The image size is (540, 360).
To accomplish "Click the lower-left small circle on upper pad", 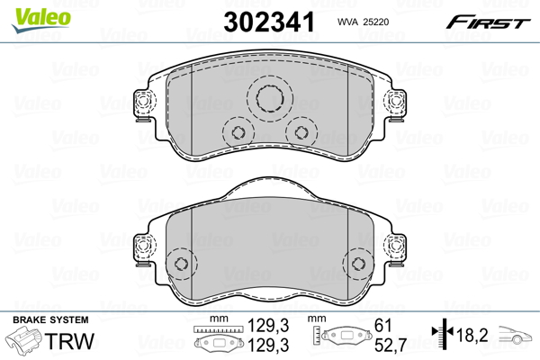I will [238, 133].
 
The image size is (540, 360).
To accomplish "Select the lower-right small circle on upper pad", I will [298, 133].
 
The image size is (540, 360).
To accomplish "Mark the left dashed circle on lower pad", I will [183, 264].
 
